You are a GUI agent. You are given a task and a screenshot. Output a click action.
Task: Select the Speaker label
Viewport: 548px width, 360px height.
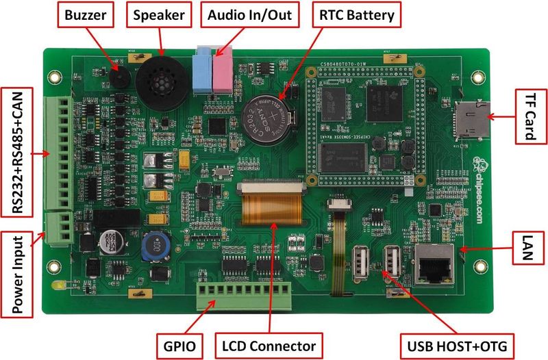pos(159,15)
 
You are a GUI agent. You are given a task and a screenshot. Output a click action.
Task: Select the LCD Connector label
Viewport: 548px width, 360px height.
pos(270,345)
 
